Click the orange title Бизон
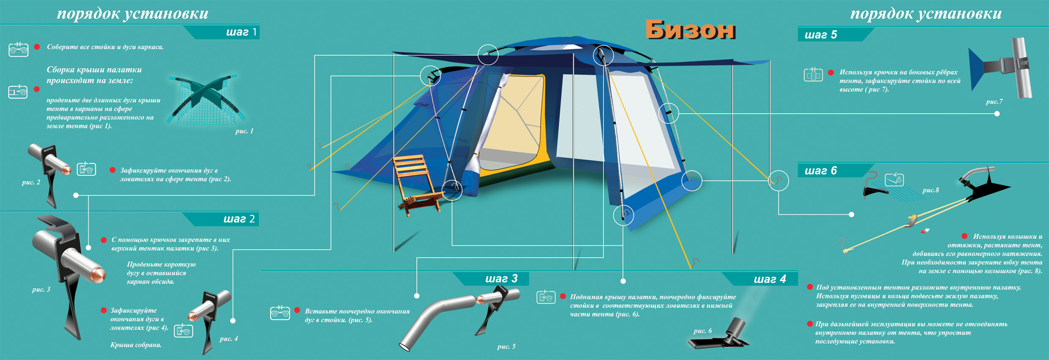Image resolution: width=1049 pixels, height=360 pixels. [690, 30]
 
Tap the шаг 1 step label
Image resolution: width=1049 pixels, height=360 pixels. [241, 32]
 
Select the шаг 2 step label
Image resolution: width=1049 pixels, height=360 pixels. [239, 219]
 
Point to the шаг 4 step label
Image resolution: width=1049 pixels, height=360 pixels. [769, 279]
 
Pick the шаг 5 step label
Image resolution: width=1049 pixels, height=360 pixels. [821, 35]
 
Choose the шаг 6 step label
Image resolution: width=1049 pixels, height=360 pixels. [821, 170]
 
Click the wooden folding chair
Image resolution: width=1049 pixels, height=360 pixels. [417, 184]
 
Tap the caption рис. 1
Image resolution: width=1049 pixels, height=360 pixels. [244, 131]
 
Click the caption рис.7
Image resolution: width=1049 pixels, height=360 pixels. [994, 102]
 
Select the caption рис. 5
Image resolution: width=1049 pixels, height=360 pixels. [506, 346]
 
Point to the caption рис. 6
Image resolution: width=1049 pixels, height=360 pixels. [702, 331]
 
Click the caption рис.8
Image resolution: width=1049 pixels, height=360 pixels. [931, 190]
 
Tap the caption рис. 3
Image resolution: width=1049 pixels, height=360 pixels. [41, 289]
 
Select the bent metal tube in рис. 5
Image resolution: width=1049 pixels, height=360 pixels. [436, 317]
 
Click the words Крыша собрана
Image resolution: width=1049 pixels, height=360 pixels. [136, 345]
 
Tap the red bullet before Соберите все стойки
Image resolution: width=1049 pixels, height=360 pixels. [37, 47]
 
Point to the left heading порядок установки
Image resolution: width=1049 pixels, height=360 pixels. [132, 14]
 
